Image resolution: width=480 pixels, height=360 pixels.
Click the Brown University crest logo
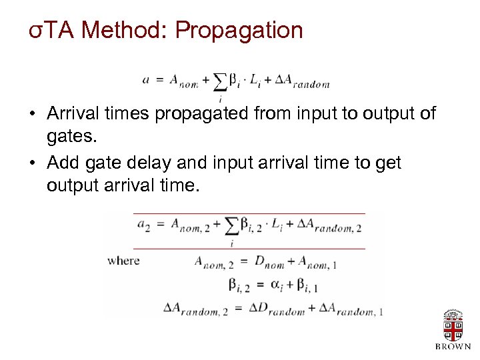tap(453, 325)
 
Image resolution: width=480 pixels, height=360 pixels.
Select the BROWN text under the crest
tap(453, 347)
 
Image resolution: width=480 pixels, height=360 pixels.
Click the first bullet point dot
tap(32, 114)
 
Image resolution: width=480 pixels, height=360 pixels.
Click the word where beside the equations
tap(123, 261)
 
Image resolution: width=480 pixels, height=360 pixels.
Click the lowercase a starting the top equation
tap(145, 79)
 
